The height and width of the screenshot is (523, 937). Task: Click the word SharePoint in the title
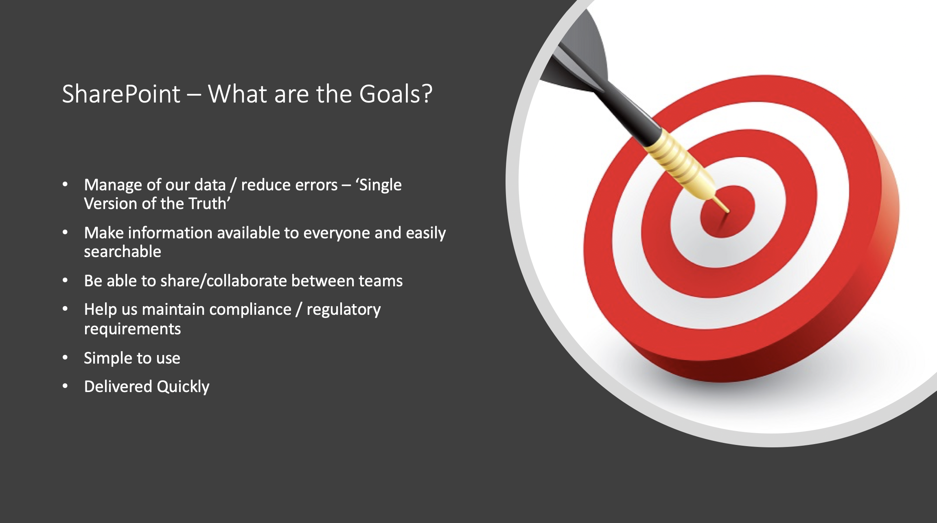[x=121, y=94]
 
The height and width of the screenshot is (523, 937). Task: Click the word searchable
[x=123, y=251]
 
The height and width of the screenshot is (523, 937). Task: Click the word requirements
[x=132, y=329]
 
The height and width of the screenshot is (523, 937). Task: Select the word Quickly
[x=183, y=387]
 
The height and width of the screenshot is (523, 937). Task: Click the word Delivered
[x=118, y=386]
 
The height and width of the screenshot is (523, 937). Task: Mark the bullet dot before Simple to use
[x=65, y=358]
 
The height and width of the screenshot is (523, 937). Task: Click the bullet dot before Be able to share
[x=65, y=281]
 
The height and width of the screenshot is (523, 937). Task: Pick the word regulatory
[x=344, y=310]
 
